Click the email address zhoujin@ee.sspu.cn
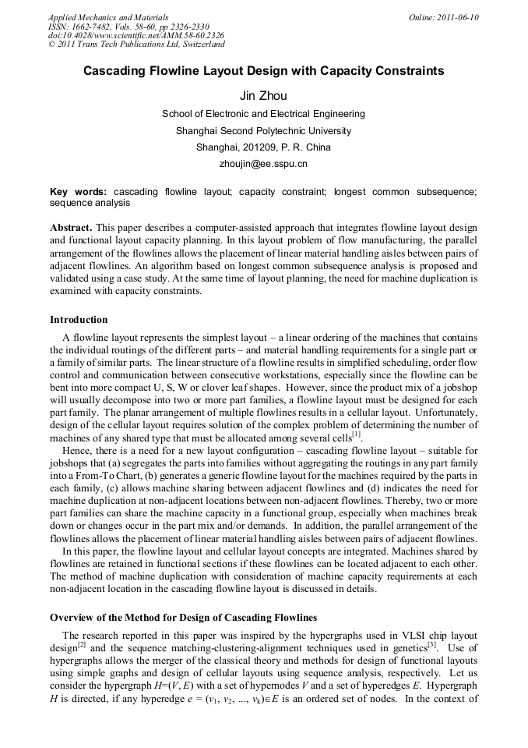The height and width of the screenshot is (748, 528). (x=263, y=164)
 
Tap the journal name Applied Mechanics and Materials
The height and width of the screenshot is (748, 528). (x=108, y=17)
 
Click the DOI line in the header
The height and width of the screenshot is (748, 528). (x=136, y=36)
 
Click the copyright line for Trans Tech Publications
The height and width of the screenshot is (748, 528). (x=136, y=45)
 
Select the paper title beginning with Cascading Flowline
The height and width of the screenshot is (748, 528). (x=263, y=71)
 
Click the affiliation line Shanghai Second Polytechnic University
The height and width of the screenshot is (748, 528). (x=263, y=130)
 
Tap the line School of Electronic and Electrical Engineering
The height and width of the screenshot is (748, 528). (x=263, y=114)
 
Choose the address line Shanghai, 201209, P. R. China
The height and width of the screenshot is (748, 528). (x=263, y=147)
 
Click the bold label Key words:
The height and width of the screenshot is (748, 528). (x=78, y=191)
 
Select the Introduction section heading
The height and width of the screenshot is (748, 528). (x=79, y=320)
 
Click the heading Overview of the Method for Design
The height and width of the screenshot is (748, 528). (x=183, y=617)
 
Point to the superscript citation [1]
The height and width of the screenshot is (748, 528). (x=356, y=434)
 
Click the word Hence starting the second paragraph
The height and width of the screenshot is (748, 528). (x=76, y=451)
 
